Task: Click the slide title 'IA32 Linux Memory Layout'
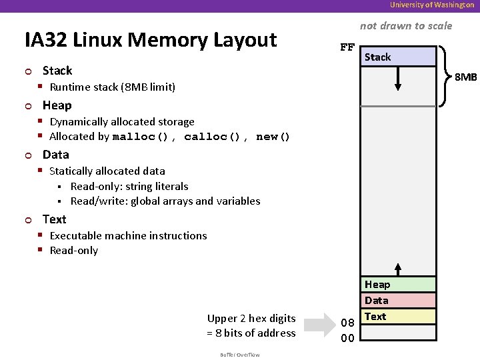[151, 40]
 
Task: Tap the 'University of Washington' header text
[432, 5]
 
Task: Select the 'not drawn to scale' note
[405, 26]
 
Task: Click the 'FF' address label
[347, 47]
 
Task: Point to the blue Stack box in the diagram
[397, 57]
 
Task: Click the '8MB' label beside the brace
[466, 77]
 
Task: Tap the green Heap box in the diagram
[398, 285]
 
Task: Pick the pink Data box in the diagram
[398, 301]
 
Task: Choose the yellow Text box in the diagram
[398, 317]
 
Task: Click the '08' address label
[347, 323]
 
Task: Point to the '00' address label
[347, 338]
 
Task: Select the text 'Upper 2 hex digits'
[251, 318]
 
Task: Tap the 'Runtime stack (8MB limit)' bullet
[112, 87]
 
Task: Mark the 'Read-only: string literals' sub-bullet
[129, 187]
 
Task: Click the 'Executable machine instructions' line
[128, 235]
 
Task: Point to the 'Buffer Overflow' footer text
[239, 354]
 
